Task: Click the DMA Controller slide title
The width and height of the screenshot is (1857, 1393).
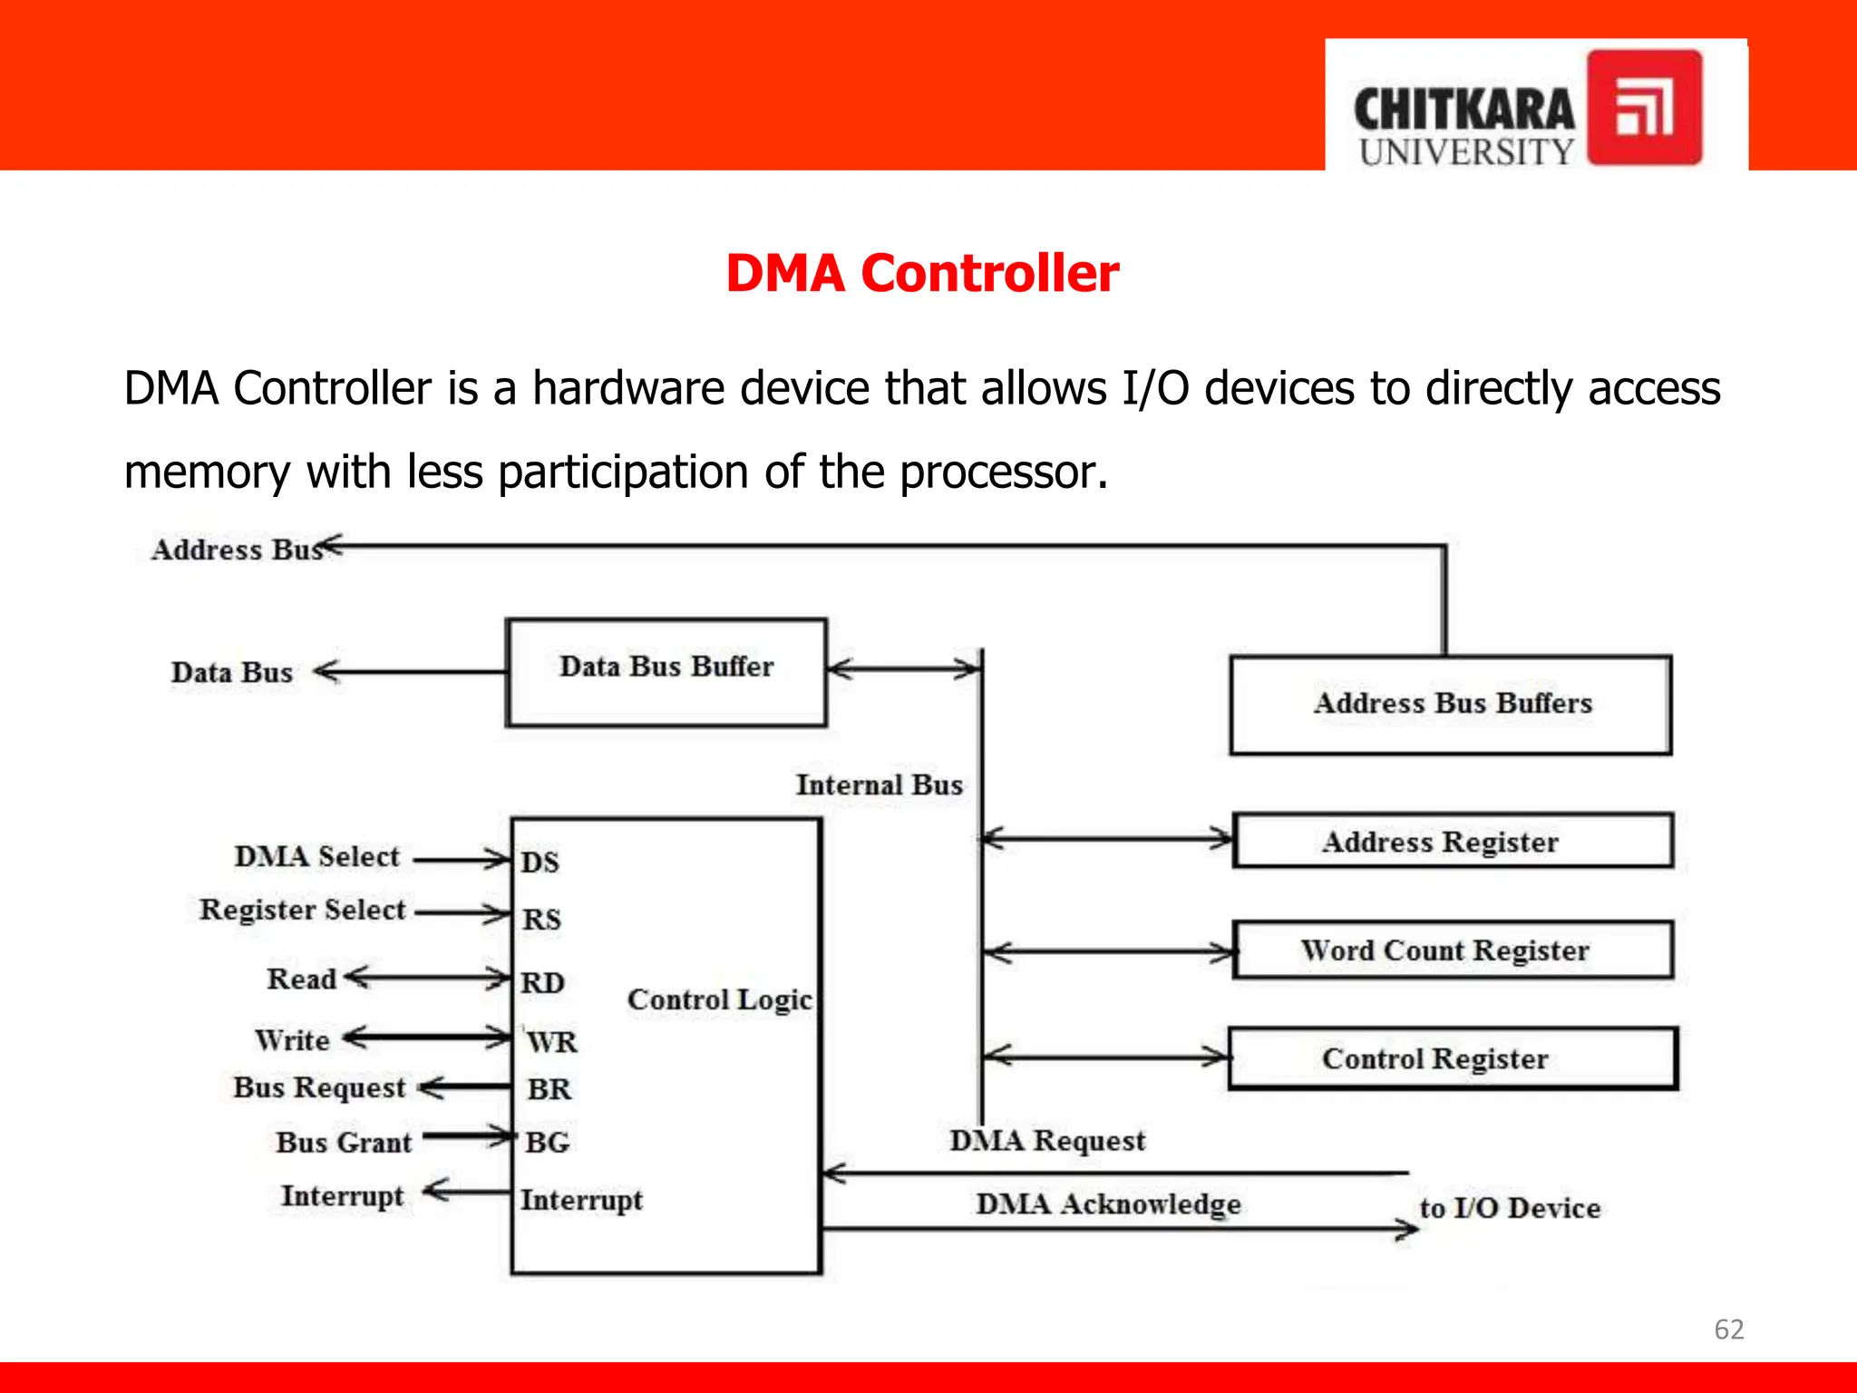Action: click(922, 273)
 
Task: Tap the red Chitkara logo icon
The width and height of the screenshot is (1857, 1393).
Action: click(1644, 107)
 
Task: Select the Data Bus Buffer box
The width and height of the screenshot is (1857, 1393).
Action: click(666, 672)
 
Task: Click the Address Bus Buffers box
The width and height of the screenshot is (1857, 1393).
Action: click(1451, 705)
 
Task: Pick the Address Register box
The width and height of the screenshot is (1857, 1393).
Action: click(1453, 841)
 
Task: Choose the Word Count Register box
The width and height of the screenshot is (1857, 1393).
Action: click(1453, 950)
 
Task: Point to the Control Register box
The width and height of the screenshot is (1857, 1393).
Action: click(1453, 1057)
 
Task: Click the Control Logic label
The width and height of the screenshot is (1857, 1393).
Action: click(719, 999)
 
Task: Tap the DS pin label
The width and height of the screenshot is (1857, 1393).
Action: click(540, 862)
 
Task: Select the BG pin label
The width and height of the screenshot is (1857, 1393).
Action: click(547, 1142)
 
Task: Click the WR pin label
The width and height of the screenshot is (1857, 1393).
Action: click(551, 1041)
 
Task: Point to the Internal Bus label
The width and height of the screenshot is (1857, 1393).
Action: click(879, 784)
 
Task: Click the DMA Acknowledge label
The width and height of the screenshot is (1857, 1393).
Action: click(1108, 1204)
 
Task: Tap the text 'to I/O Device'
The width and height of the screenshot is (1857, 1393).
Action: click(1510, 1208)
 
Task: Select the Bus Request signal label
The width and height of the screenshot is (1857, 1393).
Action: click(319, 1087)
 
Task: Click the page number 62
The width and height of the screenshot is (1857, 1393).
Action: click(1728, 1329)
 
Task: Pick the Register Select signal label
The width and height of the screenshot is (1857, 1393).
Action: click(302, 910)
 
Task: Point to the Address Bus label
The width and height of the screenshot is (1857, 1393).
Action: click(236, 550)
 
